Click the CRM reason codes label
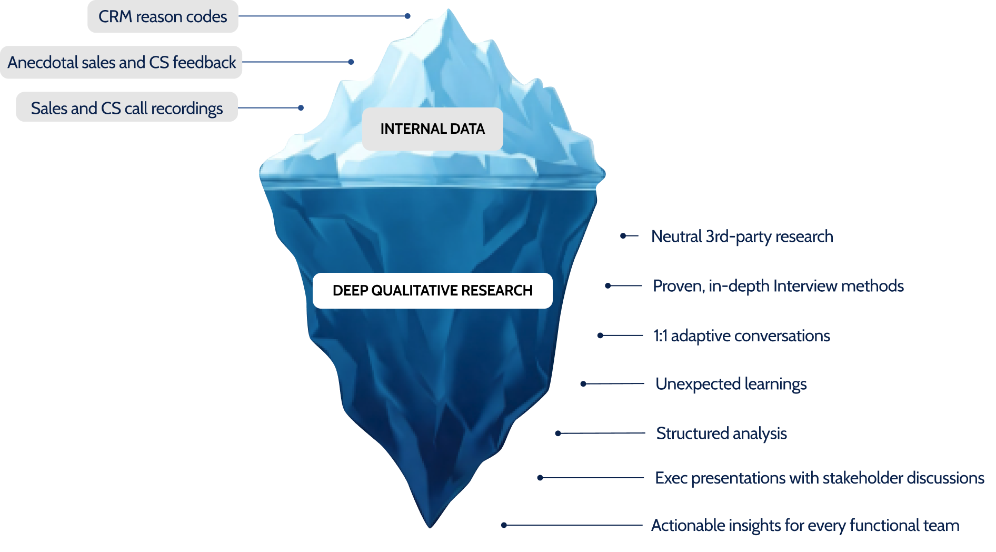(x=163, y=16)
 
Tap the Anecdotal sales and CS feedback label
(x=121, y=62)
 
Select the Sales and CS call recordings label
(x=127, y=107)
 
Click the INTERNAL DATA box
(x=433, y=129)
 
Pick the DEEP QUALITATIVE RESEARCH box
(x=433, y=291)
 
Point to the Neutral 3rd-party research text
(x=742, y=236)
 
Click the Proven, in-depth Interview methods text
(x=778, y=286)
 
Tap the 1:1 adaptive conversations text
(x=742, y=336)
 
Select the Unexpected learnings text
(x=731, y=384)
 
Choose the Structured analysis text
(x=721, y=433)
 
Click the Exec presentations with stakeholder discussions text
(x=820, y=478)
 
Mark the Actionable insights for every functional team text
(x=805, y=525)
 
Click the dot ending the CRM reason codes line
(x=407, y=16)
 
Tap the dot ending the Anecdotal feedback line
(x=351, y=62)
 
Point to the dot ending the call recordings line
(x=301, y=108)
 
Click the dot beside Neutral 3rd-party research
(x=623, y=236)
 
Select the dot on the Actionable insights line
(x=504, y=525)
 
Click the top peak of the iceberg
(x=449, y=9)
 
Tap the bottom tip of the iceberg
(x=430, y=527)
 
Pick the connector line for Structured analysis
(x=602, y=433)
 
